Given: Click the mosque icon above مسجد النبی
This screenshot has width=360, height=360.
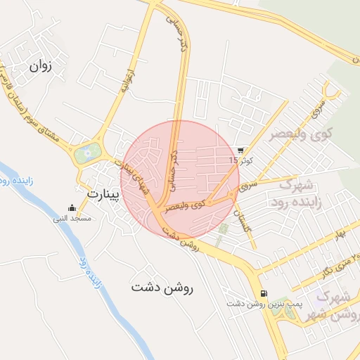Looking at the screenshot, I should click(72, 208).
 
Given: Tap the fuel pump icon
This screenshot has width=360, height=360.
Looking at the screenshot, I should click(263, 293).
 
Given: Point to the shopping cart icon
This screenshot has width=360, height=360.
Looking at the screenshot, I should click(241, 150).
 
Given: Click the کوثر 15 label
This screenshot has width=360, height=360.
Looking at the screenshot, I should click(240, 161).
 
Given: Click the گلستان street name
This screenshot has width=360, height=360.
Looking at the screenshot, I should click(243, 217).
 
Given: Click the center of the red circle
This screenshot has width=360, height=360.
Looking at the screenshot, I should click(180, 176).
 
